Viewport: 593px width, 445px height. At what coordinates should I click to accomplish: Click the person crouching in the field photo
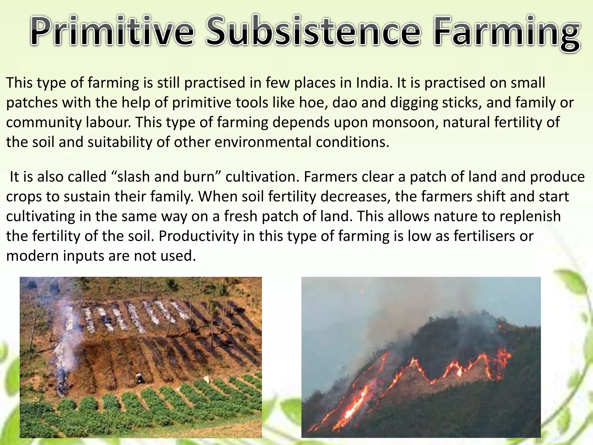coord(141,377)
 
